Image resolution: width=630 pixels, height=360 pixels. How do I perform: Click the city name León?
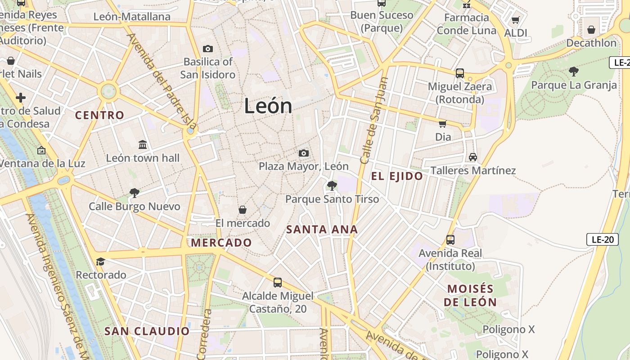click(268, 106)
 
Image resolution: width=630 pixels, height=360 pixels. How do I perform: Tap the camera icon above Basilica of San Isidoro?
click(208, 49)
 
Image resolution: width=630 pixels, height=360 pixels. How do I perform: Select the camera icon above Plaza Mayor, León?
click(304, 153)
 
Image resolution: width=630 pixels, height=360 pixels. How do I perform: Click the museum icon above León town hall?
click(143, 145)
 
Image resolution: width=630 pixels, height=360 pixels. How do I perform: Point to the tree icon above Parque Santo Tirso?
click(332, 185)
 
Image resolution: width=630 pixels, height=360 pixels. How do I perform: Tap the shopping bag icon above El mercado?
click(243, 210)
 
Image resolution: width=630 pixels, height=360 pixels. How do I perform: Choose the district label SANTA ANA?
click(322, 229)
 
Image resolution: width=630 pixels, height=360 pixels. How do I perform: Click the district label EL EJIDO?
click(397, 176)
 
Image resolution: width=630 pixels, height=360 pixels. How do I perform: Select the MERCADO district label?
click(221, 243)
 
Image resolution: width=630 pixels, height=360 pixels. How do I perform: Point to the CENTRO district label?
click(99, 115)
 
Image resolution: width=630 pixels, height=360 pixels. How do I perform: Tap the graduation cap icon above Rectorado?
click(101, 261)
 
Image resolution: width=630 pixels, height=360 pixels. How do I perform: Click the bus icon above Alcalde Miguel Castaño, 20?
click(278, 283)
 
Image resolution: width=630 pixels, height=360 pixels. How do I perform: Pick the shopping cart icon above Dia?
click(443, 124)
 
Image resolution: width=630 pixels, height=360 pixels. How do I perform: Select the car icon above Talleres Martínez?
click(472, 157)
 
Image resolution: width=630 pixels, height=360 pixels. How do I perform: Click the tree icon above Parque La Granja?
click(574, 71)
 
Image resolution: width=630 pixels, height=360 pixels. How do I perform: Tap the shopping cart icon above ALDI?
click(516, 20)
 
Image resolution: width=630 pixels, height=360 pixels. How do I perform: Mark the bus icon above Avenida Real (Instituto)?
click(450, 240)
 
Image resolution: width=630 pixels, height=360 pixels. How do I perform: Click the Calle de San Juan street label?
click(374, 121)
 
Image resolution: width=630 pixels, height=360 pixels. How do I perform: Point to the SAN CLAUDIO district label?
click(147, 332)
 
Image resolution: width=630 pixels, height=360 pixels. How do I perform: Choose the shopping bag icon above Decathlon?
click(591, 30)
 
